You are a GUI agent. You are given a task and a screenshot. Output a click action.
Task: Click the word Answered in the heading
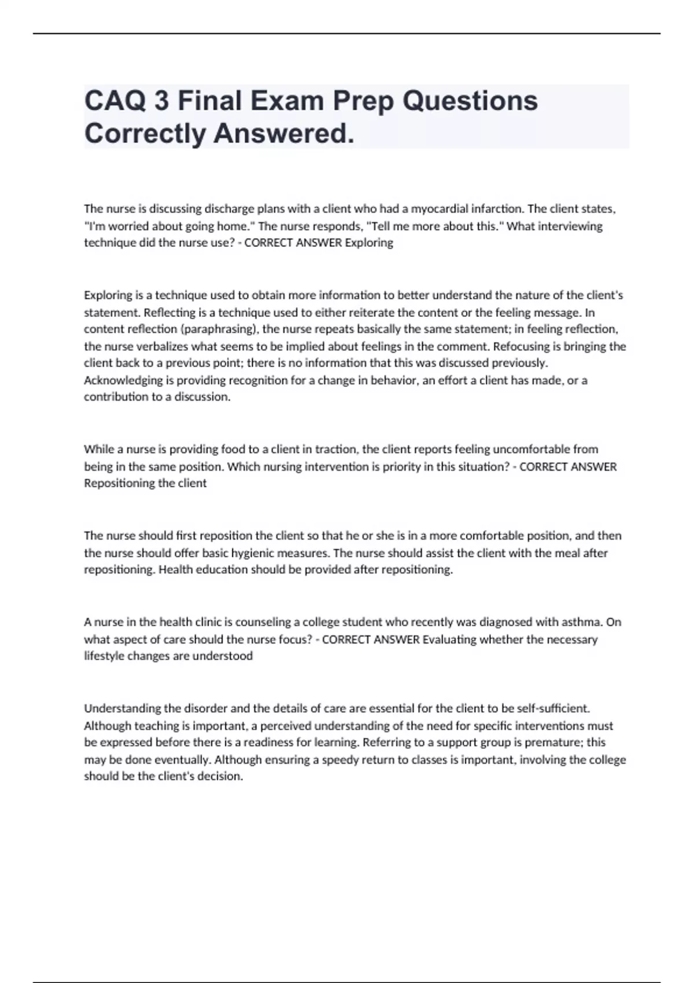(283, 134)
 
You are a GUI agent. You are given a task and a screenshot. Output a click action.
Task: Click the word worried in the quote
(128, 226)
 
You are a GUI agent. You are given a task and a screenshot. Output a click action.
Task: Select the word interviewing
(570, 226)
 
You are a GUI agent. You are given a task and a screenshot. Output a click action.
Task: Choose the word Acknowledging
(115, 380)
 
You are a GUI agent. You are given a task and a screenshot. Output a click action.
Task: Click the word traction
(336, 449)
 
